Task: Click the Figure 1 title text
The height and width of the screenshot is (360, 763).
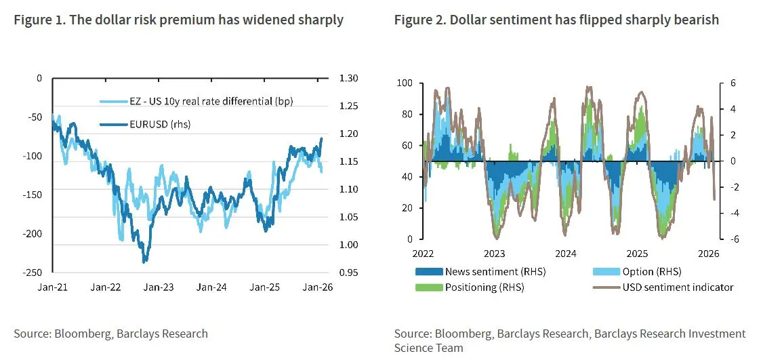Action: [179, 20]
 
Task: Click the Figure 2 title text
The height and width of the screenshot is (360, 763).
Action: [557, 20]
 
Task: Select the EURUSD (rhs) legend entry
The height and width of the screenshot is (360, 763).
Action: [145, 125]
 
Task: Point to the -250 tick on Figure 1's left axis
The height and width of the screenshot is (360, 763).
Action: [33, 273]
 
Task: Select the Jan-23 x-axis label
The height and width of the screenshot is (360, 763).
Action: [161, 287]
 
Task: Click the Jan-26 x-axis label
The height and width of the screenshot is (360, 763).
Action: [318, 287]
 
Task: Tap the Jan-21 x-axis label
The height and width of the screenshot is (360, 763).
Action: [53, 287]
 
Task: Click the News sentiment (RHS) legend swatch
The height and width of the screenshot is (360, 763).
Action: [428, 271]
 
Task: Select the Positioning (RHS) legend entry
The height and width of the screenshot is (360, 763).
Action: [469, 287]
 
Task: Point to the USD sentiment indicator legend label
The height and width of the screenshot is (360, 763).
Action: [678, 287]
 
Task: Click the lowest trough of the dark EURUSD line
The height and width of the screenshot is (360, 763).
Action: [144, 262]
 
